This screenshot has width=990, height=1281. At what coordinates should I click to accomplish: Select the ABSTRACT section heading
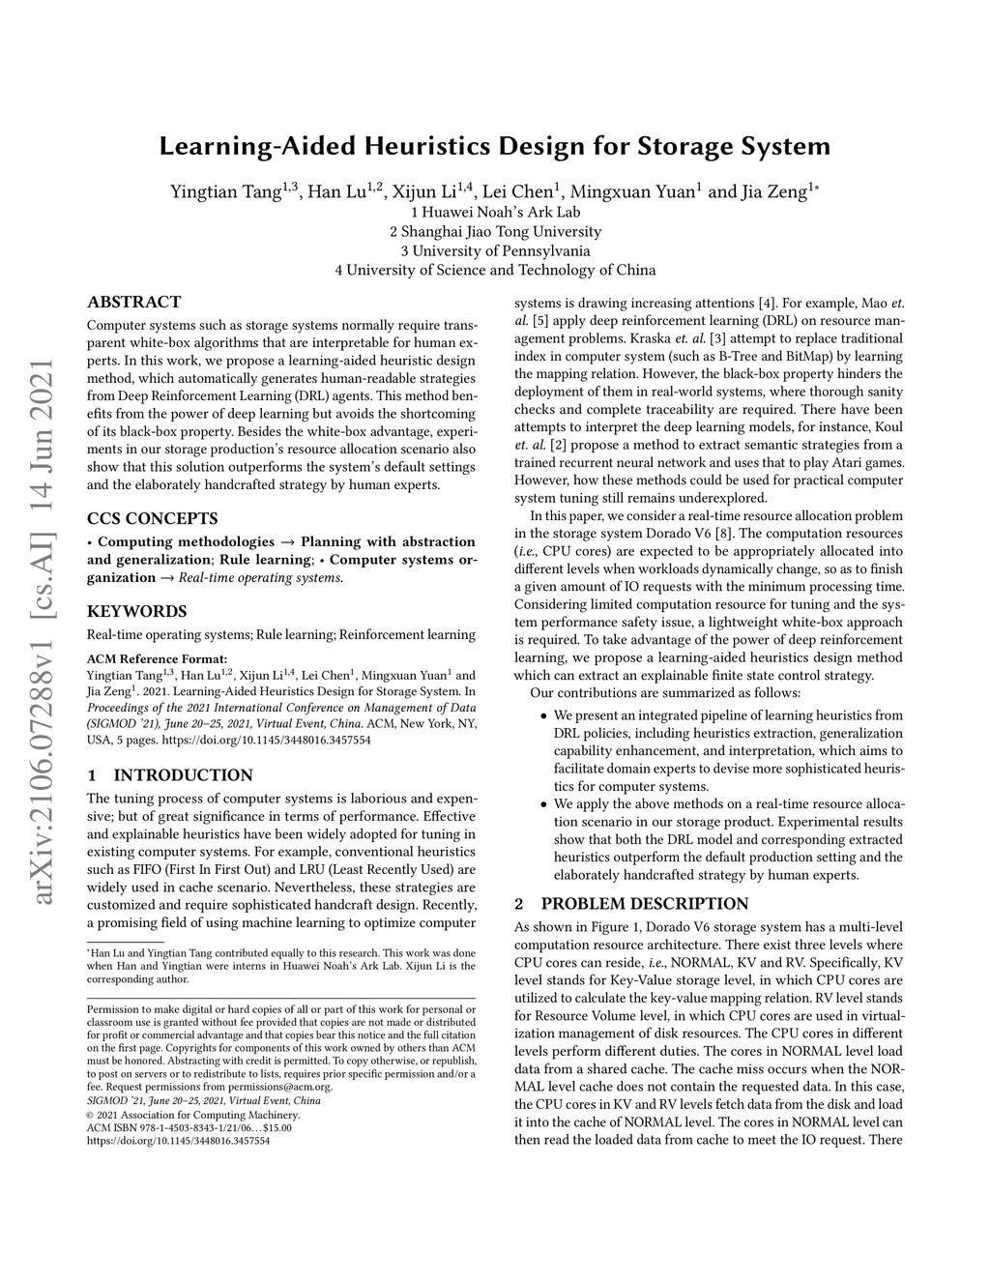pyautogui.click(x=133, y=302)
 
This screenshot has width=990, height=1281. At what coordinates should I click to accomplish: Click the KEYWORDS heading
pyautogui.click(x=136, y=611)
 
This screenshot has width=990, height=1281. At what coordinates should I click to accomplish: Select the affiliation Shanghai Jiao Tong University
pyautogui.click(x=495, y=231)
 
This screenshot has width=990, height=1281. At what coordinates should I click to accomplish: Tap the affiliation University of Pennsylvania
pyautogui.click(x=495, y=250)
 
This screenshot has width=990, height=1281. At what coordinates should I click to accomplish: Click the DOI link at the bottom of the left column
pyautogui.click(x=178, y=1141)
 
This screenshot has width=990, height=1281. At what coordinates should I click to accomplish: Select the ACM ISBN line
pyautogui.click(x=189, y=1127)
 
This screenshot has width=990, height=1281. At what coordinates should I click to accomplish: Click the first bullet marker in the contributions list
pyautogui.click(x=543, y=716)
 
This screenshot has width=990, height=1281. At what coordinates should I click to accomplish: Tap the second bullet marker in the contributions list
pyautogui.click(x=543, y=804)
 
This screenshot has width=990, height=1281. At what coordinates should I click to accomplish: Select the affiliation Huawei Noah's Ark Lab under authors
pyautogui.click(x=495, y=212)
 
